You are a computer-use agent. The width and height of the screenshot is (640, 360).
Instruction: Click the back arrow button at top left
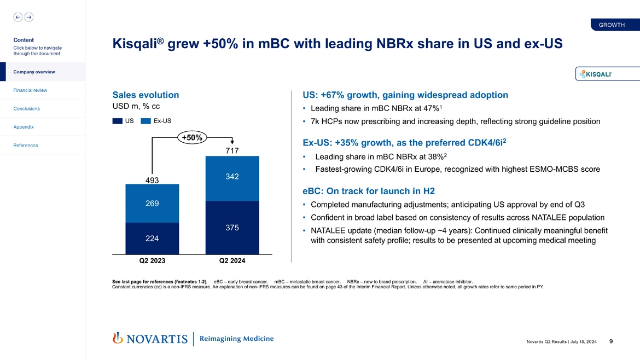tap(18, 17)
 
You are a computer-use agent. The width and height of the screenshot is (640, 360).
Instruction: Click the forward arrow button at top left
tap(28, 17)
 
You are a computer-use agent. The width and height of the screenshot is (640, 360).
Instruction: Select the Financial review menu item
tap(31, 90)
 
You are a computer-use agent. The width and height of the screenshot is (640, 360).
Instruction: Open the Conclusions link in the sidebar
tap(27, 108)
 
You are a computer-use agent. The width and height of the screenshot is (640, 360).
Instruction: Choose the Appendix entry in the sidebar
tap(24, 127)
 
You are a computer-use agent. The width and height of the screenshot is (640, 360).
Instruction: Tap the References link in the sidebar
tap(26, 145)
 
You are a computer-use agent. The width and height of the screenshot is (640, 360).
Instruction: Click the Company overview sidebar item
tap(34, 72)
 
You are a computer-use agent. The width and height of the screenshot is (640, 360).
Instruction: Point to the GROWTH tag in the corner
tap(612, 25)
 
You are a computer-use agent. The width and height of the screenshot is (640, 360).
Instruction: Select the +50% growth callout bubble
tap(191, 138)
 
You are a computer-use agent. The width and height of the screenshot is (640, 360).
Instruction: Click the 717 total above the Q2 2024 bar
tap(232, 150)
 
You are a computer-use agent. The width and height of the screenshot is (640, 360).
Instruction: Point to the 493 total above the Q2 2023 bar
tap(152, 179)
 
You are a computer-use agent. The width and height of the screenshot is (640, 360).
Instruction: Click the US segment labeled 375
tap(232, 228)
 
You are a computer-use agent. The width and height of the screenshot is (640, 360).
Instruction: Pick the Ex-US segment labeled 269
tap(152, 204)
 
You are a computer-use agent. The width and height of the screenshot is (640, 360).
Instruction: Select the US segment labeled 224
tap(152, 239)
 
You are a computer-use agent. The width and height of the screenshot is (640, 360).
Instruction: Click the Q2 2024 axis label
tap(232, 260)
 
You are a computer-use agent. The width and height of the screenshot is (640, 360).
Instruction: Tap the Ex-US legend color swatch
tap(146, 121)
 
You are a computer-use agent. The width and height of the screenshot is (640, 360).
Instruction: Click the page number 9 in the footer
tap(610, 341)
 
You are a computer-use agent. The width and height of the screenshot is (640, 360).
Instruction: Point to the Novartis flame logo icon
tap(117, 339)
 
